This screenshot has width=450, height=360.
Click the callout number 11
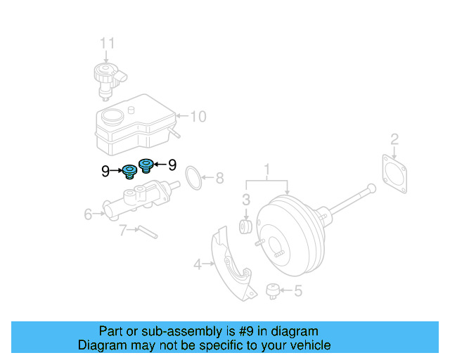tap(106, 44)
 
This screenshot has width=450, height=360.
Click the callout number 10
tap(198, 116)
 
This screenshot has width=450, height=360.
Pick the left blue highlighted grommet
tap(130, 172)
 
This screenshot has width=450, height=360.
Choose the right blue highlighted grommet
tap(146, 165)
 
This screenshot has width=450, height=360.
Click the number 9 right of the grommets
tap(171, 165)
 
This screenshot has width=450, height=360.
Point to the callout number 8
tap(219, 179)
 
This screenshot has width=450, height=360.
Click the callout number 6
tap(89, 214)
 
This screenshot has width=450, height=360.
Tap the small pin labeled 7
tap(148, 231)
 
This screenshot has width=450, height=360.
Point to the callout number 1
tap(267, 169)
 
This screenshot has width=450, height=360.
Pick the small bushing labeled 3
tap(247, 226)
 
